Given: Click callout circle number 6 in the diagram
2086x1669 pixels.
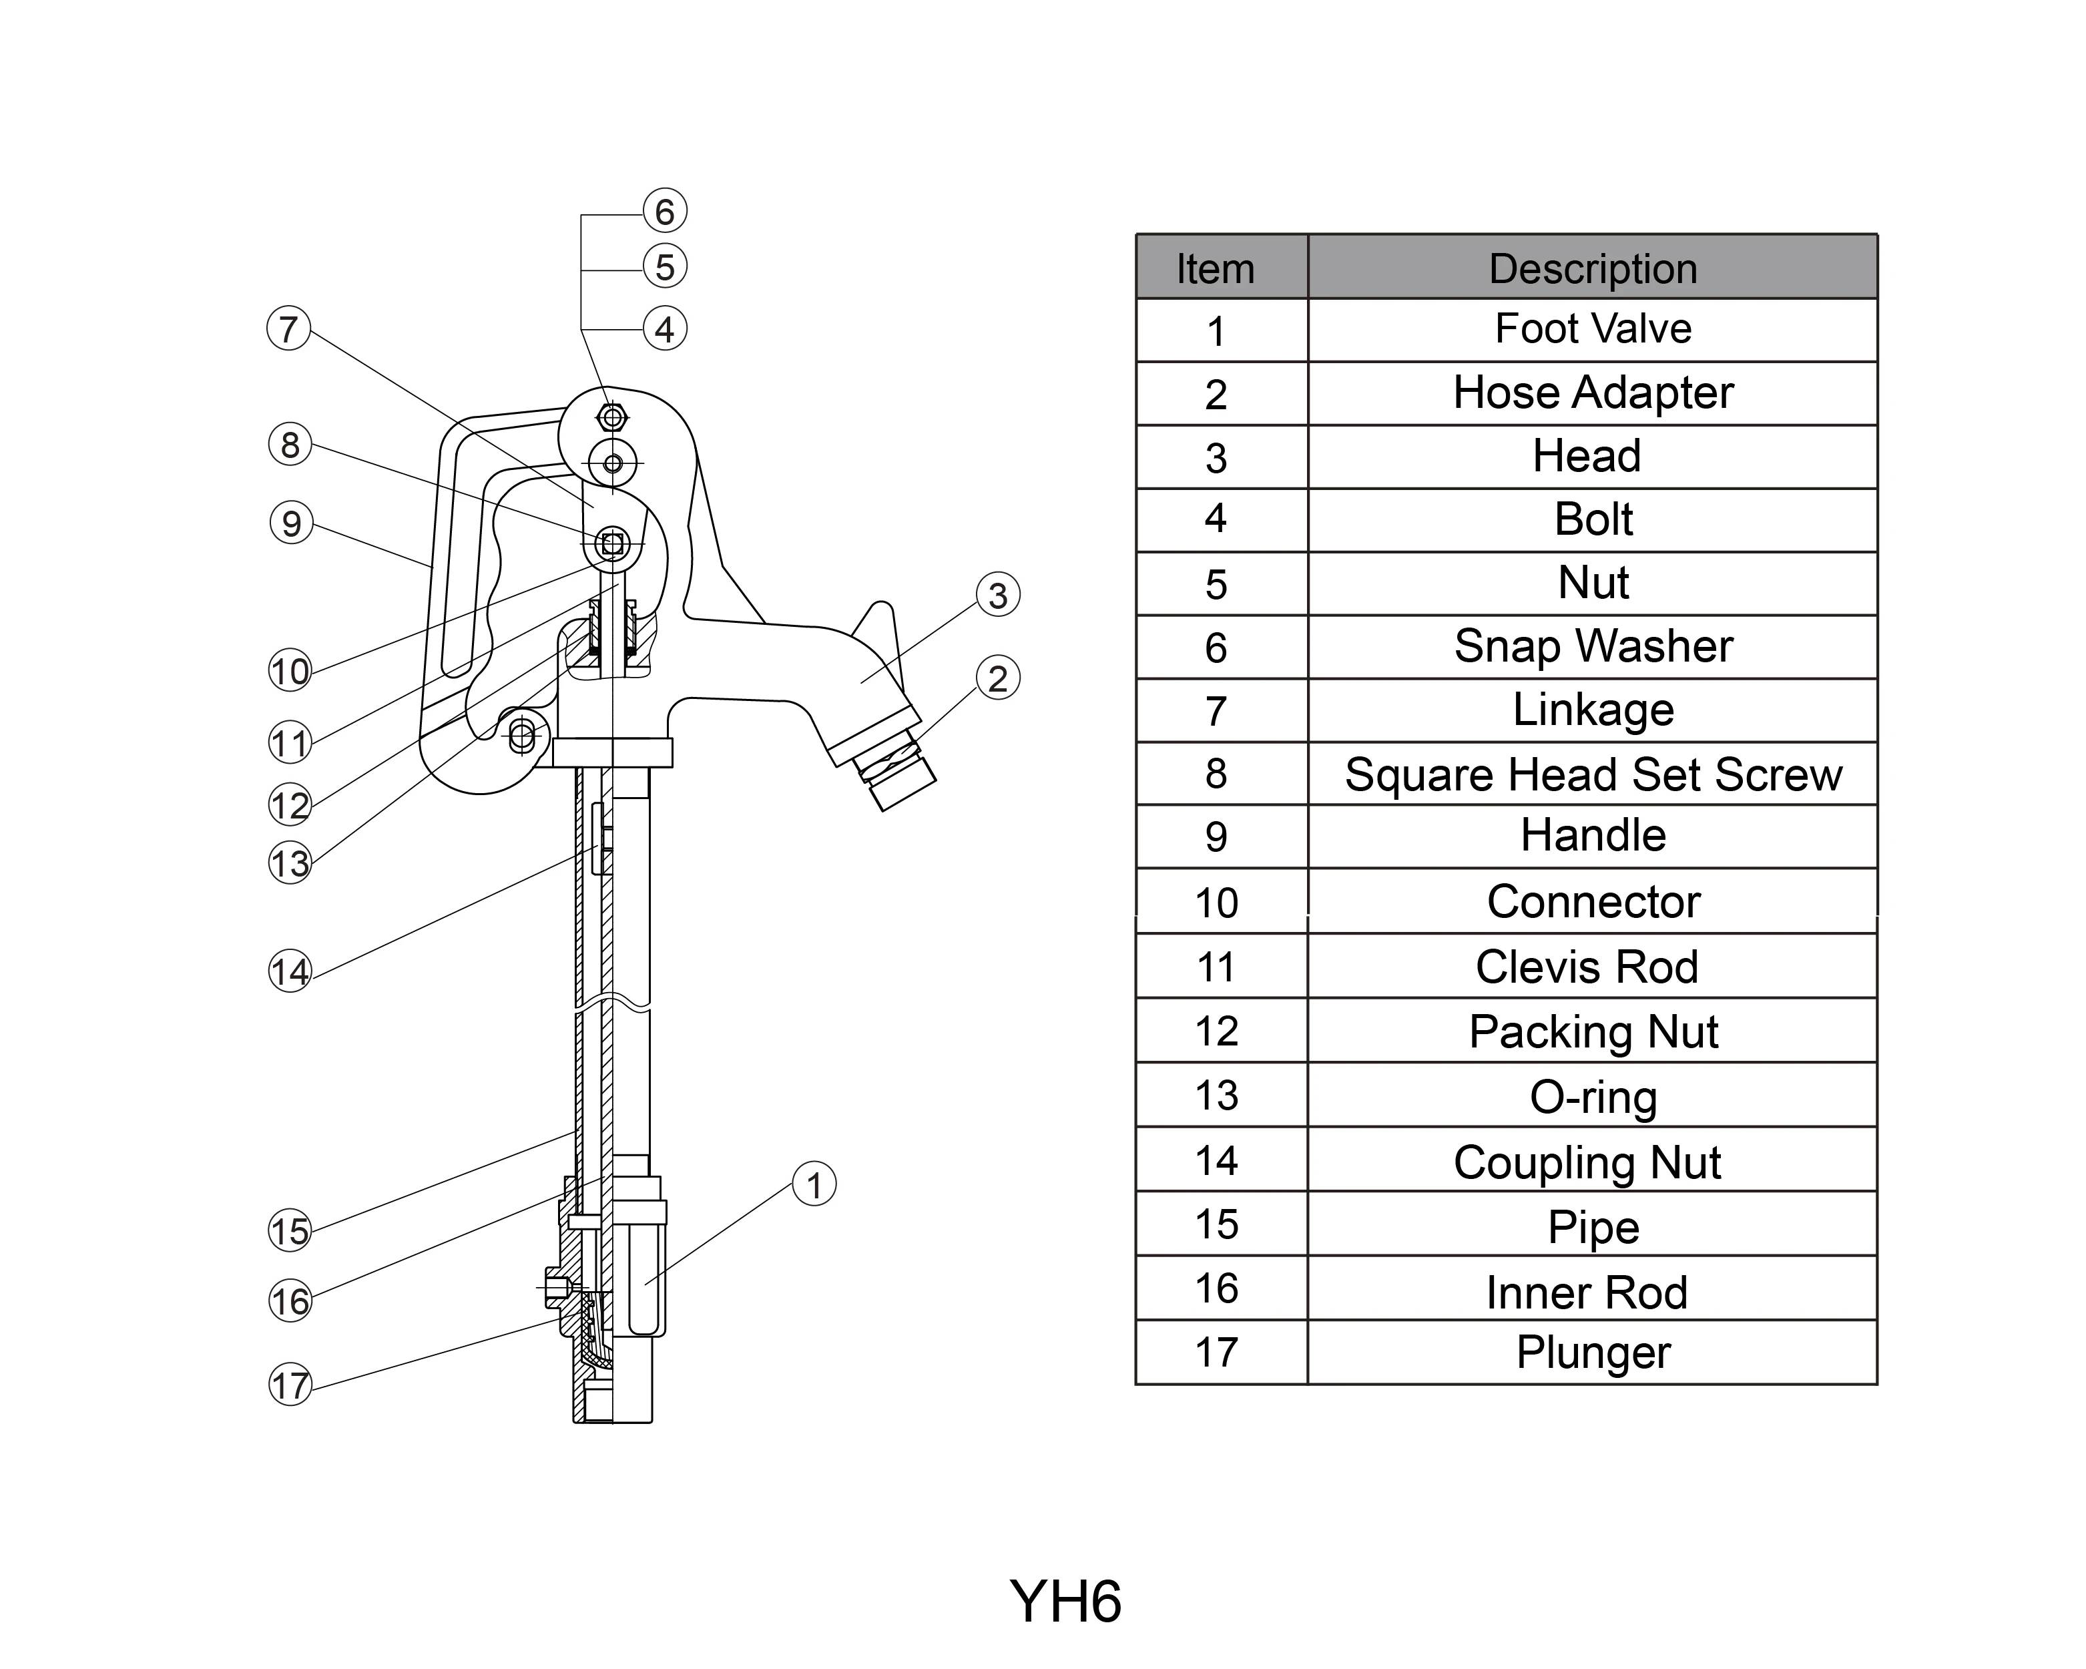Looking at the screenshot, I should coord(665,211).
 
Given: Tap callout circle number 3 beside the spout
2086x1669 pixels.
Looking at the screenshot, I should coord(997,595).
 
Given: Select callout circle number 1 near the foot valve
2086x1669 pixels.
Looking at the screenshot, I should coord(814,1184).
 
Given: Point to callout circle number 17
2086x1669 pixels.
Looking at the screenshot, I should coord(289,1385).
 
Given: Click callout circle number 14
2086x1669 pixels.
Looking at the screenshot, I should coord(289,971).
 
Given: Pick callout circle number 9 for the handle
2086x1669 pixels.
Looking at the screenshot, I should coord(291,523).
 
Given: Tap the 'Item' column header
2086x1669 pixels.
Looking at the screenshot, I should coord(1216,268).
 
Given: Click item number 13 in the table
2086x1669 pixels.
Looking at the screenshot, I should coord(1216,1096).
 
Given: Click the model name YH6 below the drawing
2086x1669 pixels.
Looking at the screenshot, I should coord(1064,1602).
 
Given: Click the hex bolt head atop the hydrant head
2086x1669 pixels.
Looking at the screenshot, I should coord(611,418).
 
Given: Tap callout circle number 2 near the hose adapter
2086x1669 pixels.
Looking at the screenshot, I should coord(997,678).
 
